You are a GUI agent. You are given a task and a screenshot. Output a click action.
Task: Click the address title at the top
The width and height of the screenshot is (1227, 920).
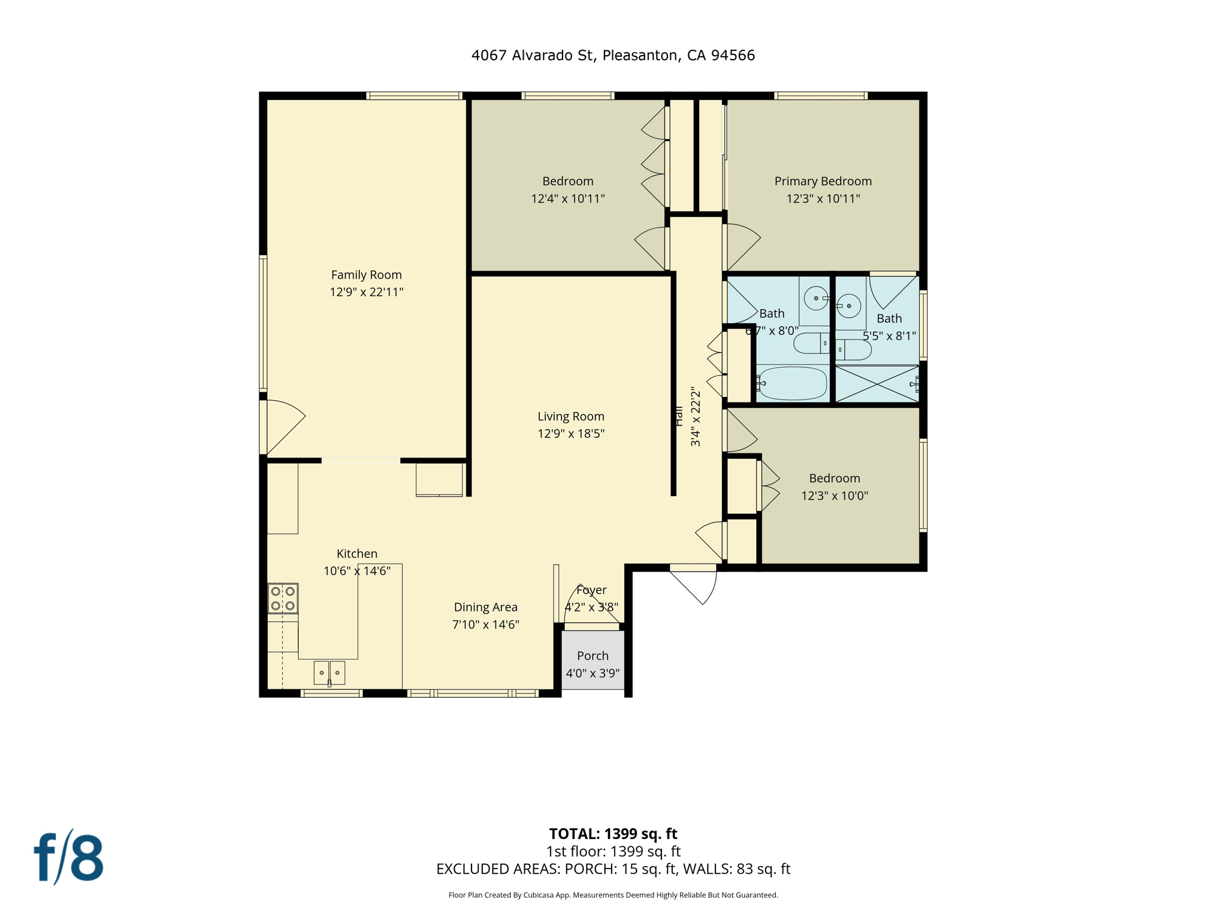613,56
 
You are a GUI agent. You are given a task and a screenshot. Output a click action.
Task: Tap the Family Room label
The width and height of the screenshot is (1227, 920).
366,275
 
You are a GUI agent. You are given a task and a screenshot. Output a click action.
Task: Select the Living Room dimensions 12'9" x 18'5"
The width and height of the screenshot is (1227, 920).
570,434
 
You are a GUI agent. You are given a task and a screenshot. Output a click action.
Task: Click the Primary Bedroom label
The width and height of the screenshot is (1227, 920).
823,181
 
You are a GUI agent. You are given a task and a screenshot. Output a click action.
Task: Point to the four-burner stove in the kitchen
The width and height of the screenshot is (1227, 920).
283,598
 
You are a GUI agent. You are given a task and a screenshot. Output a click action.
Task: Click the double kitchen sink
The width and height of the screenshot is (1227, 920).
330,673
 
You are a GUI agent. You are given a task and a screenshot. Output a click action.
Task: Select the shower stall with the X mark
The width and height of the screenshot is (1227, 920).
877,384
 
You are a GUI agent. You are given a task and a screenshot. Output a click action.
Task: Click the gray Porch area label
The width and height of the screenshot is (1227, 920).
593,656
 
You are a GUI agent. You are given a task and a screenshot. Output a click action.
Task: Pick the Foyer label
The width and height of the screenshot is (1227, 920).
591,590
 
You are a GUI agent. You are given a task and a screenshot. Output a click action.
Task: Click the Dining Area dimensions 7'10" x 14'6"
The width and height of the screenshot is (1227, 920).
485,625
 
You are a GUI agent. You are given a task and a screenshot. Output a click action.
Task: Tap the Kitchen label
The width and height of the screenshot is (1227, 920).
357,553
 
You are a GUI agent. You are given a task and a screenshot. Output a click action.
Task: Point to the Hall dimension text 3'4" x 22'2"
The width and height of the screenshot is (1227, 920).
696,417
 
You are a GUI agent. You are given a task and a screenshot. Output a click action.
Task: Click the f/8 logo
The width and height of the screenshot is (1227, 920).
68,858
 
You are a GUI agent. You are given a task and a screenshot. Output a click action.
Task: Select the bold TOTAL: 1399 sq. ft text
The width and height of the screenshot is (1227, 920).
613,834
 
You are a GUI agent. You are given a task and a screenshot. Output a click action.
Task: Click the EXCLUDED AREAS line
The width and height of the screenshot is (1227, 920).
613,869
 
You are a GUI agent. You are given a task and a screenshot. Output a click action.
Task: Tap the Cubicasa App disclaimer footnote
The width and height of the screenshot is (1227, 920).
613,895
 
